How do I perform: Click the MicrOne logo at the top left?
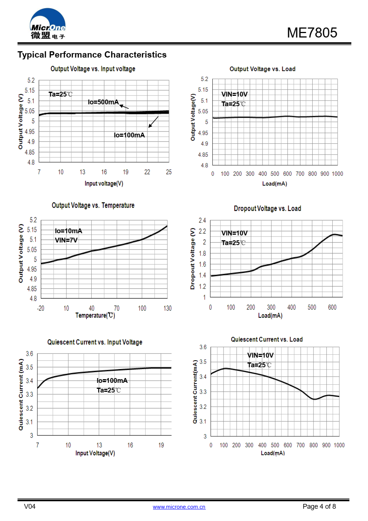coord(48,24)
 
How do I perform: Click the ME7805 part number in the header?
coord(312,33)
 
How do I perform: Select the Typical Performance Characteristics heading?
coord(92,55)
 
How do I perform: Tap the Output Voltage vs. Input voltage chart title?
coord(93,69)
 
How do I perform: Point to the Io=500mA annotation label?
coord(103,102)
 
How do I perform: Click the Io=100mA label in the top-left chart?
coord(129,135)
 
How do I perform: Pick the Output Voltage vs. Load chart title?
coord(262,69)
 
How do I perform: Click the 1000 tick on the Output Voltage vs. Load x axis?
coord(337,174)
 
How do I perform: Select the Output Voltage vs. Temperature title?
coord(93,205)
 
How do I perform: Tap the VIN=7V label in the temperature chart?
coord(66,240)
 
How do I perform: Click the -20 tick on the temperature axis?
coord(40,308)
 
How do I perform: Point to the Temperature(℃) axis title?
coord(95,315)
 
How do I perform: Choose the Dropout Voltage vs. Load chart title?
coord(267,208)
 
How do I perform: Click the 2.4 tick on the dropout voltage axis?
coord(202,220)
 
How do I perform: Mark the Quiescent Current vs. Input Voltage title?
coord(95,342)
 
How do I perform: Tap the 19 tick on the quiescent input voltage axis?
coord(161,445)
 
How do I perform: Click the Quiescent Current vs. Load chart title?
coord(267,339)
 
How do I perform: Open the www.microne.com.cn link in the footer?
coord(179,507)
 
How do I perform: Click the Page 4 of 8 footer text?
coord(319,507)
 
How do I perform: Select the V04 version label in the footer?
coord(30,507)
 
